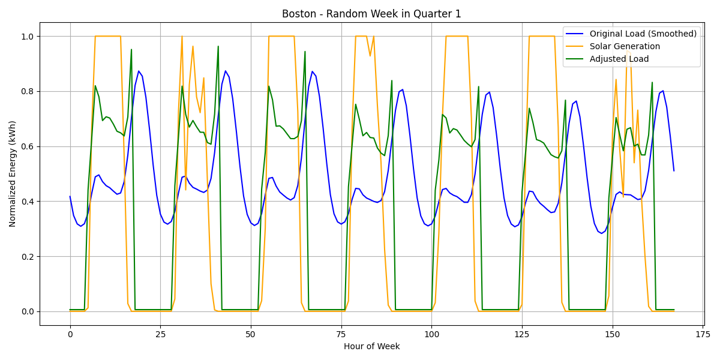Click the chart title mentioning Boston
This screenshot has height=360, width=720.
click(x=371, y=14)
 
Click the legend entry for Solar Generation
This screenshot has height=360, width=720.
click(x=625, y=46)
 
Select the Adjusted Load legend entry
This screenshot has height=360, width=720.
click(x=619, y=59)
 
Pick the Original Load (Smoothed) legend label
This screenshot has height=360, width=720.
click(x=643, y=34)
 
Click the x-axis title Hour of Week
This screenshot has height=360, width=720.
click(x=371, y=346)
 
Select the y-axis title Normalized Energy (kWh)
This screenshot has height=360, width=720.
click(x=13, y=174)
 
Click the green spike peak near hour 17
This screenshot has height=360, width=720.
click(x=131, y=50)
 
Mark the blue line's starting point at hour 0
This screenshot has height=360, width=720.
click(x=70, y=196)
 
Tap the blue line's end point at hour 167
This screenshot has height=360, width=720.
click(x=674, y=170)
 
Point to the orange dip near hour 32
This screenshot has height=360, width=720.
click(x=185, y=190)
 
